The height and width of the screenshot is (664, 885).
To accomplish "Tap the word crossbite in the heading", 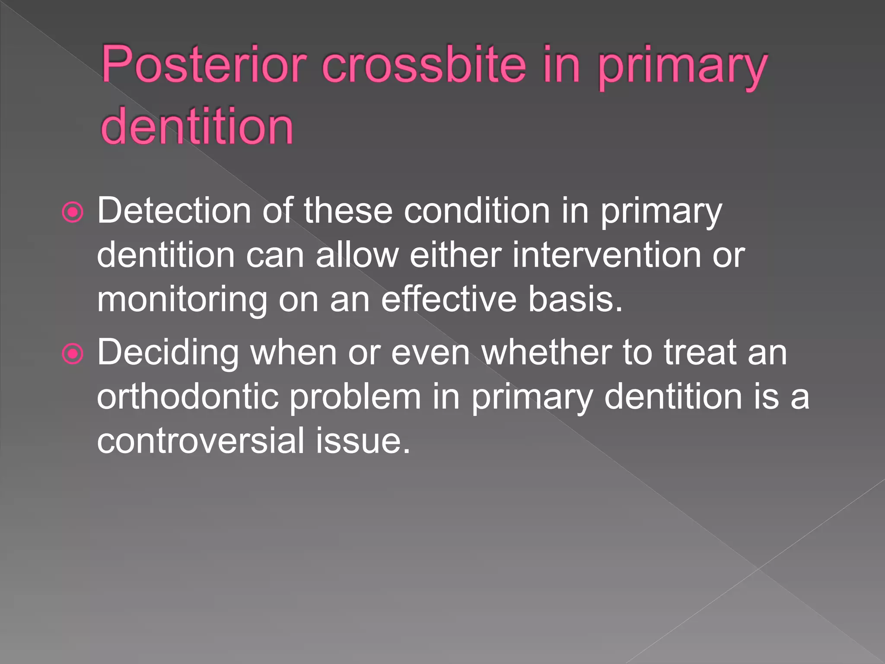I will [x=424, y=66].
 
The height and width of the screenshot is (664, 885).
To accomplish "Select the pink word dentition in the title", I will [x=197, y=127].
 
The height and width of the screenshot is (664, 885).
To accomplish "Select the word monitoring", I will [x=182, y=300].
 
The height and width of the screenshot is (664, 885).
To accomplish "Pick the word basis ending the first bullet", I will [x=575, y=300].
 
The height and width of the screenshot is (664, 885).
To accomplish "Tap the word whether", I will [x=546, y=353].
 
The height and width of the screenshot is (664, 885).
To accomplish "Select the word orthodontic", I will [x=188, y=397].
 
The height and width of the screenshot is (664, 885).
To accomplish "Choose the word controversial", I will [x=201, y=441].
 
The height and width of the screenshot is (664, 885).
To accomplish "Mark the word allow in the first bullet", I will [x=357, y=255].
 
